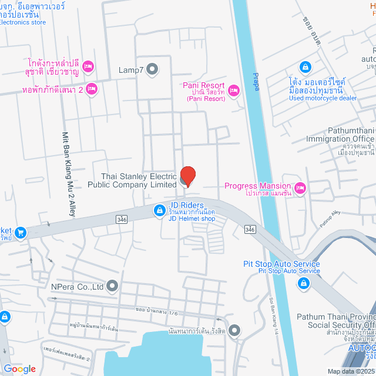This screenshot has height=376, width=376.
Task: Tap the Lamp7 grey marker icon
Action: tap(152, 69)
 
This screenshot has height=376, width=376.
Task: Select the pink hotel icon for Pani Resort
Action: tap(234, 90)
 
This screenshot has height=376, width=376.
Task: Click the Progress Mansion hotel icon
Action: tap(300, 189)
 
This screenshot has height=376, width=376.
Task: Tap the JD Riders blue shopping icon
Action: tap(159, 210)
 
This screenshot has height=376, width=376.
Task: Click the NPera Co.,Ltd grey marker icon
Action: tap(112, 287)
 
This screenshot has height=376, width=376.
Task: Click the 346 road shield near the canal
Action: tap(251, 228)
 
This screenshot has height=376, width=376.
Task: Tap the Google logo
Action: tap(19, 368)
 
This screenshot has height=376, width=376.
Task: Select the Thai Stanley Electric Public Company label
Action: tap(138, 180)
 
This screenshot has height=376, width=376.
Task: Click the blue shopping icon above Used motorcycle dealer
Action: tap(305, 67)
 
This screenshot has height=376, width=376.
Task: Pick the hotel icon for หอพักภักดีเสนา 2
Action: tap(91, 89)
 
